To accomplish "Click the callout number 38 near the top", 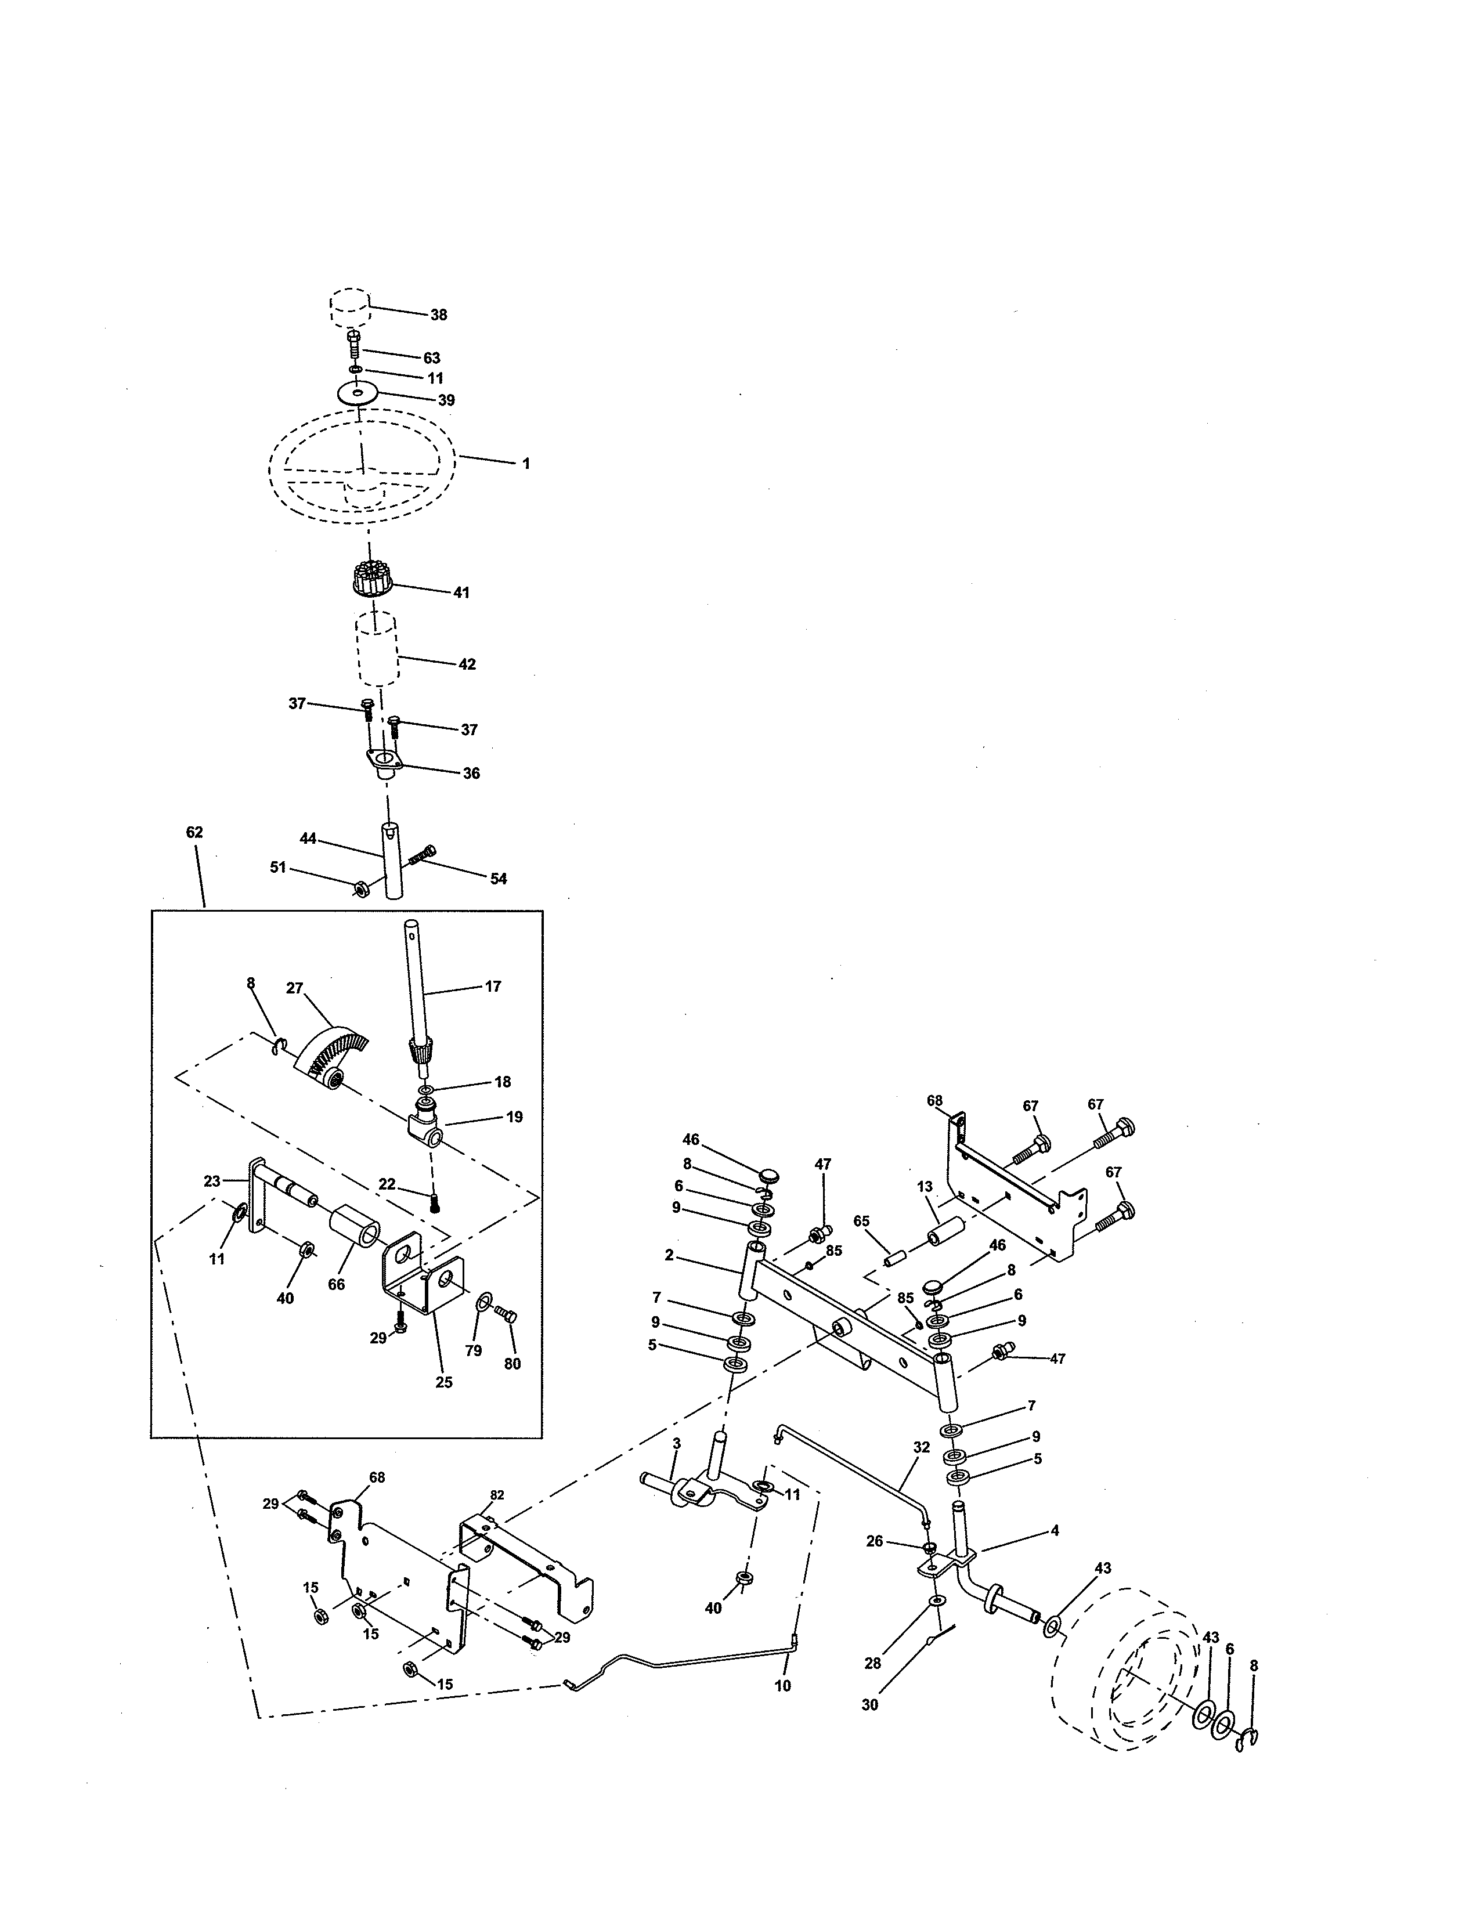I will (x=438, y=315).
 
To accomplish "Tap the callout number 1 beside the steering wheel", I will (x=526, y=464).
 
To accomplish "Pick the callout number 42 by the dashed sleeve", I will (x=467, y=664).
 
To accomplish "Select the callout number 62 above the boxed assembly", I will (x=194, y=832).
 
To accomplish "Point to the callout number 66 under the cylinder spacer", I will (x=336, y=1285).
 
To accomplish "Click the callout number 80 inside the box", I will (x=512, y=1364).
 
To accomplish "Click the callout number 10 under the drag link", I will (x=783, y=1685).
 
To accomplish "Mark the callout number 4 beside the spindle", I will (x=1055, y=1530).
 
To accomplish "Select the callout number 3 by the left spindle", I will (x=676, y=1443).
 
